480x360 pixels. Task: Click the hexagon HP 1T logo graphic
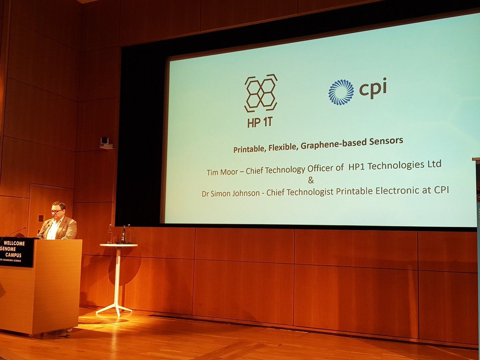point(261,93)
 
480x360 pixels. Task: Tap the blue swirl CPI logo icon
point(341,92)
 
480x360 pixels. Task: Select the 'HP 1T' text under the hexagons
point(260,122)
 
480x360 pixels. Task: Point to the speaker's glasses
point(56,211)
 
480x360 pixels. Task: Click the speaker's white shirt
point(53,230)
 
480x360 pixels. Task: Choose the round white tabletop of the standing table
point(118,245)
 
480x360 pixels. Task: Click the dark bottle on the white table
point(123,235)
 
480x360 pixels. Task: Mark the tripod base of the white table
point(115,308)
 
